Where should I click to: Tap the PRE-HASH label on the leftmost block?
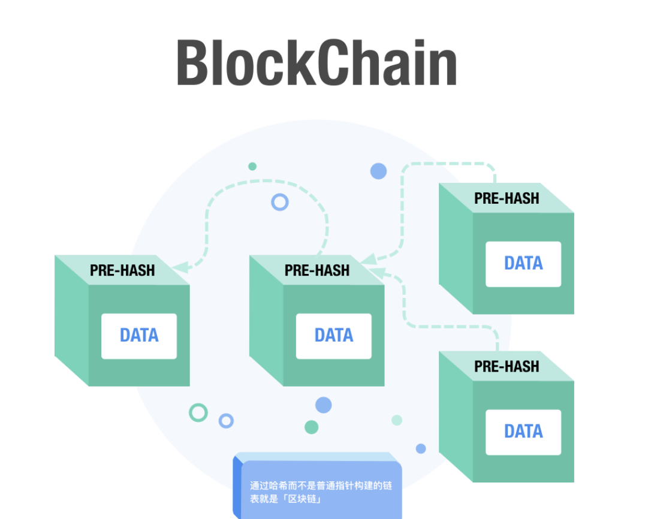click(x=122, y=270)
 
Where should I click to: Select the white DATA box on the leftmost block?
click(x=138, y=336)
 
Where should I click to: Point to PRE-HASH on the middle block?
click(x=317, y=270)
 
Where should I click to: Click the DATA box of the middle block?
click(x=333, y=336)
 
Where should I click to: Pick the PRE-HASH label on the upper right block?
click(x=507, y=198)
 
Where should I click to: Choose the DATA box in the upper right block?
click(x=523, y=264)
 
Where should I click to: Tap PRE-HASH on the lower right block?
click(x=507, y=366)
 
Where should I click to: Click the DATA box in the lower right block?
click(x=523, y=432)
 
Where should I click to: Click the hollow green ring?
click(x=198, y=412)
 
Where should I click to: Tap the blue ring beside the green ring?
click(x=226, y=421)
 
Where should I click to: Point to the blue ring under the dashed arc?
click(x=280, y=202)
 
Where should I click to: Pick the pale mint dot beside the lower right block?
click(x=397, y=420)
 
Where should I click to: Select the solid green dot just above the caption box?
click(x=311, y=427)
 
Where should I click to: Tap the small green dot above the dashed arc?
click(x=252, y=166)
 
